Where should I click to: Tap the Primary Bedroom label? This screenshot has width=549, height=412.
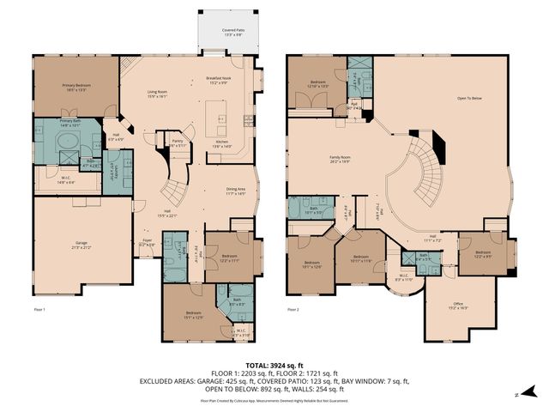tap(78, 87)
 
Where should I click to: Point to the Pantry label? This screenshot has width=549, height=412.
tap(178, 143)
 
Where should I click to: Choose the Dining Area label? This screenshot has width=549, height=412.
tap(235, 191)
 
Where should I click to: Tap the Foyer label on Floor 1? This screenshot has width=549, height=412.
tap(147, 243)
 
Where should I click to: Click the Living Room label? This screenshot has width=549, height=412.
tap(156, 94)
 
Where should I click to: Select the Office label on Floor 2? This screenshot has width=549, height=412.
tap(459, 306)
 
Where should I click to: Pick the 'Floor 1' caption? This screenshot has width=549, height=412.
tap(39, 309)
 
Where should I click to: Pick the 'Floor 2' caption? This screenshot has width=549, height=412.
tap(294, 309)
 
